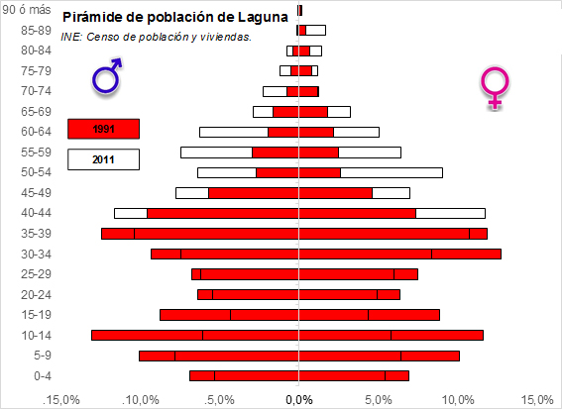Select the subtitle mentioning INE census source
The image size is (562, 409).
[156, 37]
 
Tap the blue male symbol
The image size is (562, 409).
[107, 76]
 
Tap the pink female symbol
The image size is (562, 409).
[493, 88]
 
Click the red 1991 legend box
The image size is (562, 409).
[103, 129]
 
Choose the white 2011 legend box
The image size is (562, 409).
[103, 158]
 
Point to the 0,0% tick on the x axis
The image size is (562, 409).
[298, 399]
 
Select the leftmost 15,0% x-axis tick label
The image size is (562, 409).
[60, 399]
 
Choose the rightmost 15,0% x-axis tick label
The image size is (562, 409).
[535, 399]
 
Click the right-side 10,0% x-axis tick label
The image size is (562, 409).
[457, 399]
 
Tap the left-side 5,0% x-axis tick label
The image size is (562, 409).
[219, 399]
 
